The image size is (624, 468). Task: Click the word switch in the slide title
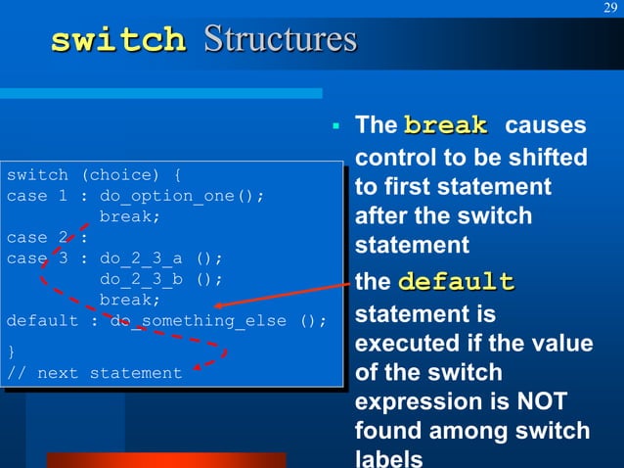pyautogui.click(x=117, y=41)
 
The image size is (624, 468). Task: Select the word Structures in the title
pyautogui.click(x=279, y=40)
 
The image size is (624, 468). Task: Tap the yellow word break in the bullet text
pyautogui.click(x=445, y=125)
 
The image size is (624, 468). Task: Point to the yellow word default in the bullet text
pyautogui.click(x=455, y=283)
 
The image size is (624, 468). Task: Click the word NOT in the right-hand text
pyautogui.click(x=557, y=400)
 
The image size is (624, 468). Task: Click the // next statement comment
pyautogui.click(x=94, y=373)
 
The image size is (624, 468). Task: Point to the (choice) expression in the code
pyautogui.click(x=119, y=175)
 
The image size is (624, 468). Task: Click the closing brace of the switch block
pyautogui.click(x=11, y=351)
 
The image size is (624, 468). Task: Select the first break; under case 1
pyautogui.click(x=130, y=216)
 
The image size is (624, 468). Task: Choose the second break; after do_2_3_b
pyautogui.click(x=130, y=300)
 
